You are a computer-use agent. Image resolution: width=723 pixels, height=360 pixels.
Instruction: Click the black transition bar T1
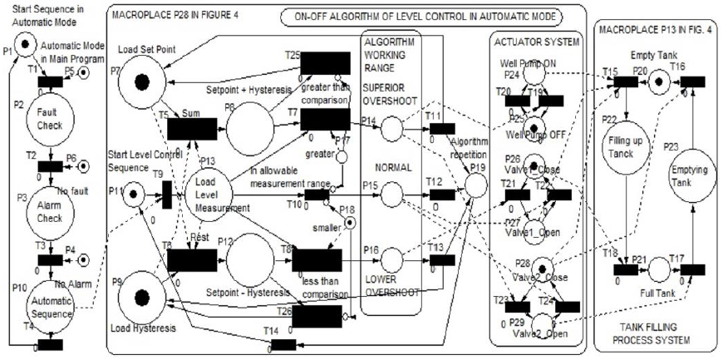click(x=49, y=81)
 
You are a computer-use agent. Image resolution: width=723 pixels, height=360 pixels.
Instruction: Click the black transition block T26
click(x=317, y=317)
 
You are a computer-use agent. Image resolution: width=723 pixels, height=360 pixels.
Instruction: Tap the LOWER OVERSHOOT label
click(x=391, y=286)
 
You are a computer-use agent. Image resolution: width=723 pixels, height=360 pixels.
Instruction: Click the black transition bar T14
click(x=283, y=345)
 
